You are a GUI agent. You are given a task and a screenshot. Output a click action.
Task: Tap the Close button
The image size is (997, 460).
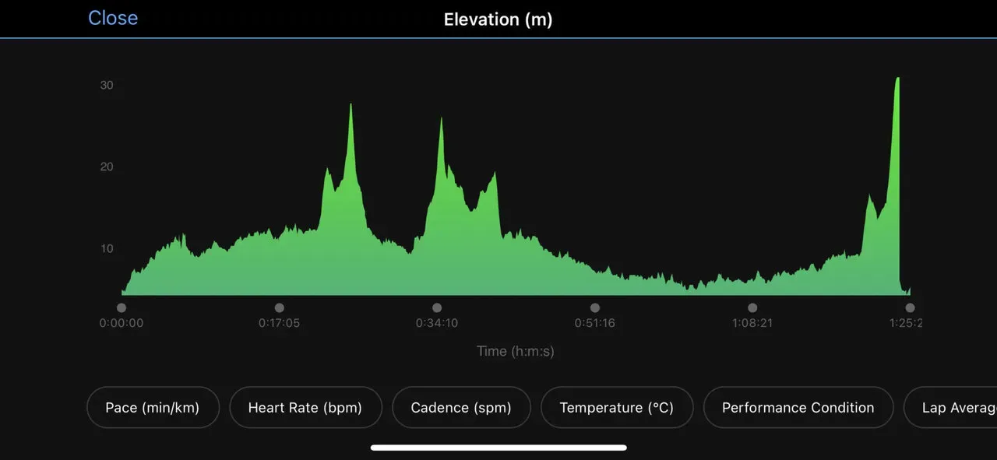[x=113, y=18]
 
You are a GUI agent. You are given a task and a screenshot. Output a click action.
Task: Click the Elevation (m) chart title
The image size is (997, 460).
[x=498, y=19]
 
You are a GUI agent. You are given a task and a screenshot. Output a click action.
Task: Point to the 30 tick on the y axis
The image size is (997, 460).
[x=107, y=85]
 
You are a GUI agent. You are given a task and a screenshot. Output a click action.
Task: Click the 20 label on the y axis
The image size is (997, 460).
[x=107, y=167]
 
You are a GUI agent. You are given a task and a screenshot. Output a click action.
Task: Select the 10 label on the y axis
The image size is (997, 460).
[x=107, y=248]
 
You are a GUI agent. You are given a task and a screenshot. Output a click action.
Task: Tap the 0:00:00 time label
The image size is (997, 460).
[x=122, y=323]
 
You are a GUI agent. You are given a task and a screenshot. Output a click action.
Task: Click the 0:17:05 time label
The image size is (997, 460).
[x=280, y=323]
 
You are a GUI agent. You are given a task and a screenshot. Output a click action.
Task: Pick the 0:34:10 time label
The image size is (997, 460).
[x=437, y=323]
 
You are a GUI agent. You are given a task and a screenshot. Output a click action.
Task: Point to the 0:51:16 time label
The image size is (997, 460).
[x=595, y=323]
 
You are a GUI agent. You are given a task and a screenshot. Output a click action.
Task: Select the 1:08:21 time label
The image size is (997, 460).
[x=752, y=323]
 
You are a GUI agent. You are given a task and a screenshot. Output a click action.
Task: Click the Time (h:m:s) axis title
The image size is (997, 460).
[x=516, y=351]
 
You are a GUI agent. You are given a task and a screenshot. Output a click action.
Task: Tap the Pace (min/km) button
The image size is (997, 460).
[x=153, y=407]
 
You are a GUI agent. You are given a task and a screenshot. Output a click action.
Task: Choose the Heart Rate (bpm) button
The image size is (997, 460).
[x=305, y=407]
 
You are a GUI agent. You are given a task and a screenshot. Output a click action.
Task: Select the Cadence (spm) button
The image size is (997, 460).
[x=461, y=407]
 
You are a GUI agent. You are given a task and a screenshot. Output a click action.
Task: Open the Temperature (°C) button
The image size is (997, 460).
[x=617, y=407]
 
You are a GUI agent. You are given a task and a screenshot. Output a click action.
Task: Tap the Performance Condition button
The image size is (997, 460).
[x=798, y=407]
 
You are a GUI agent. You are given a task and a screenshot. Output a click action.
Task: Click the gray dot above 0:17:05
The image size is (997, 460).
[x=280, y=307]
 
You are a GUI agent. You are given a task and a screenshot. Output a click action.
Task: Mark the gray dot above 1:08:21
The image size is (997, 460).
[x=752, y=307]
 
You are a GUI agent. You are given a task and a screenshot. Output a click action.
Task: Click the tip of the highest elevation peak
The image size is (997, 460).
[x=897, y=78]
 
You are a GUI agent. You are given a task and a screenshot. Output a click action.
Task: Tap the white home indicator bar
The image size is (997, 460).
[x=498, y=448]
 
